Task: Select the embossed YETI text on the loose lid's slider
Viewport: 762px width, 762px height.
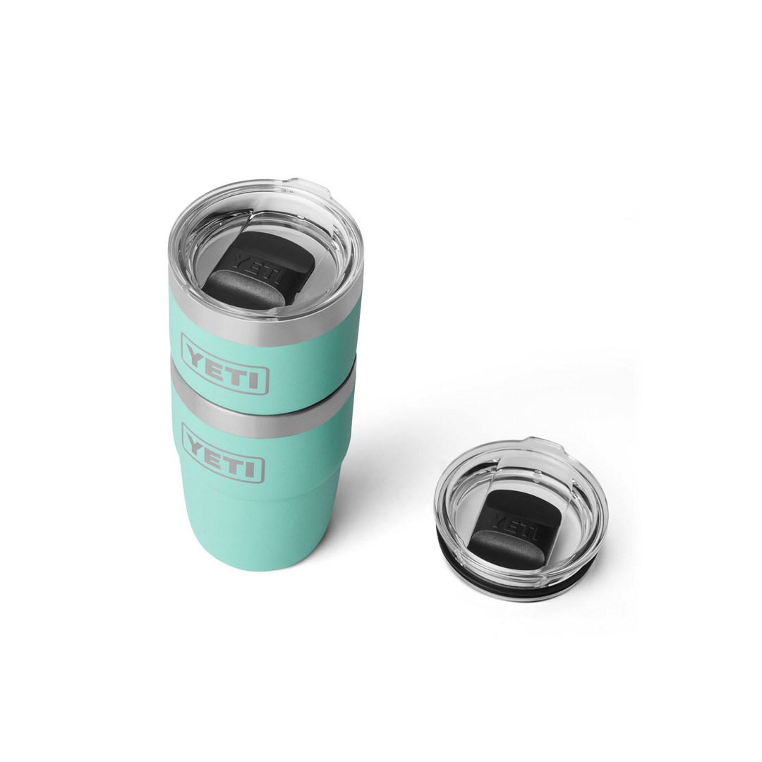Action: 518,524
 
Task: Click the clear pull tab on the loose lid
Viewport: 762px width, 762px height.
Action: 548,446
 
